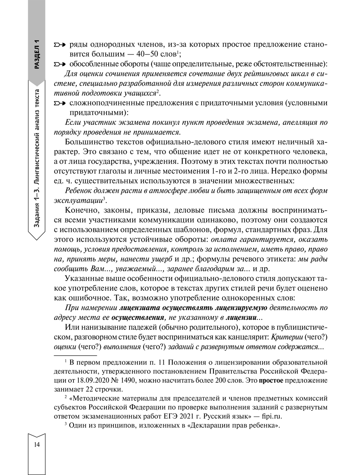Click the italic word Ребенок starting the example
(80, 191)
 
